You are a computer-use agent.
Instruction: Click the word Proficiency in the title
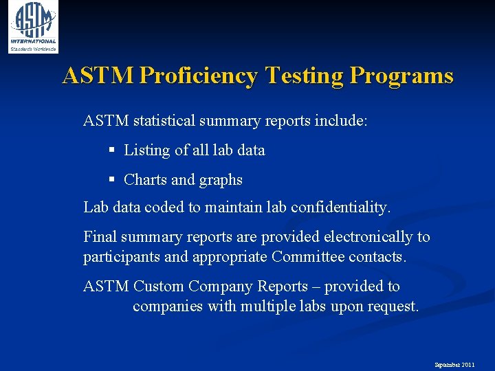198,76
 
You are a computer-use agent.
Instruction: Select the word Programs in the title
401,76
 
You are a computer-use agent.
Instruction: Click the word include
341,121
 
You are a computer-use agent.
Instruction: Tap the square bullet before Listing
112,150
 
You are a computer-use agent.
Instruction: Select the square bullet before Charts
112,179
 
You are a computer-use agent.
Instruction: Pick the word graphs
221,180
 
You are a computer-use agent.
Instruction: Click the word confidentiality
340,207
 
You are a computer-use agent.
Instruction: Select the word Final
100,237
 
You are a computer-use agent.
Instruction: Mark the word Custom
159,286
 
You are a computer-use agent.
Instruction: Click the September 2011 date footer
454,364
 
